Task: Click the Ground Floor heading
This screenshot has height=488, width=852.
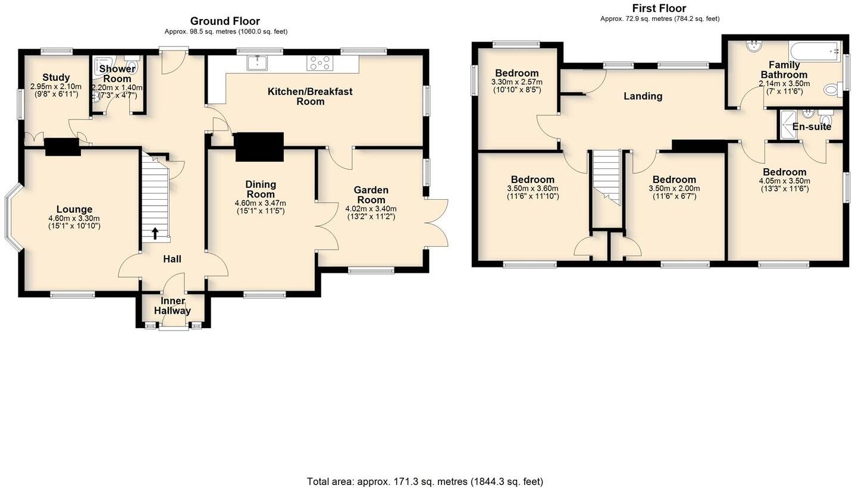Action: click(x=225, y=21)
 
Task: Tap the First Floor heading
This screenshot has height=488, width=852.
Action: click(x=659, y=8)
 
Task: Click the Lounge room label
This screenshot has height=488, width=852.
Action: click(x=74, y=209)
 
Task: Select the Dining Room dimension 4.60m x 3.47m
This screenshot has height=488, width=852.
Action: click(x=261, y=203)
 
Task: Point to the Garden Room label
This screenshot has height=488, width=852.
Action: click(x=371, y=195)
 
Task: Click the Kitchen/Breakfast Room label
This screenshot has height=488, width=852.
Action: click(x=310, y=96)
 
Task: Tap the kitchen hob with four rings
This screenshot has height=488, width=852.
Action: click(x=319, y=62)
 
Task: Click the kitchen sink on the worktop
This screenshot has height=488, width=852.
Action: click(x=258, y=62)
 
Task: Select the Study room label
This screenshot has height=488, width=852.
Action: click(x=56, y=77)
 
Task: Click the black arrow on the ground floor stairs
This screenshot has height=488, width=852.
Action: click(x=155, y=233)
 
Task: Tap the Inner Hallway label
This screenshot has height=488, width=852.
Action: click(x=173, y=306)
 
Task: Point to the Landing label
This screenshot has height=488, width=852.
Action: click(x=643, y=96)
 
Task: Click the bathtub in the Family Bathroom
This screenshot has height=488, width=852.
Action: click(x=814, y=52)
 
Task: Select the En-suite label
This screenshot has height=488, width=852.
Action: click(x=812, y=127)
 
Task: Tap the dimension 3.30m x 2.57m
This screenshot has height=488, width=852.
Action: click(x=516, y=82)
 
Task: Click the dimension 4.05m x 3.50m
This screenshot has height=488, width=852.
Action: click(x=784, y=181)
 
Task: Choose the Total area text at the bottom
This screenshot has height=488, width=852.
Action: click(x=425, y=481)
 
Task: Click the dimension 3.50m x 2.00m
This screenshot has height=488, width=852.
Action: click(x=674, y=188)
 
